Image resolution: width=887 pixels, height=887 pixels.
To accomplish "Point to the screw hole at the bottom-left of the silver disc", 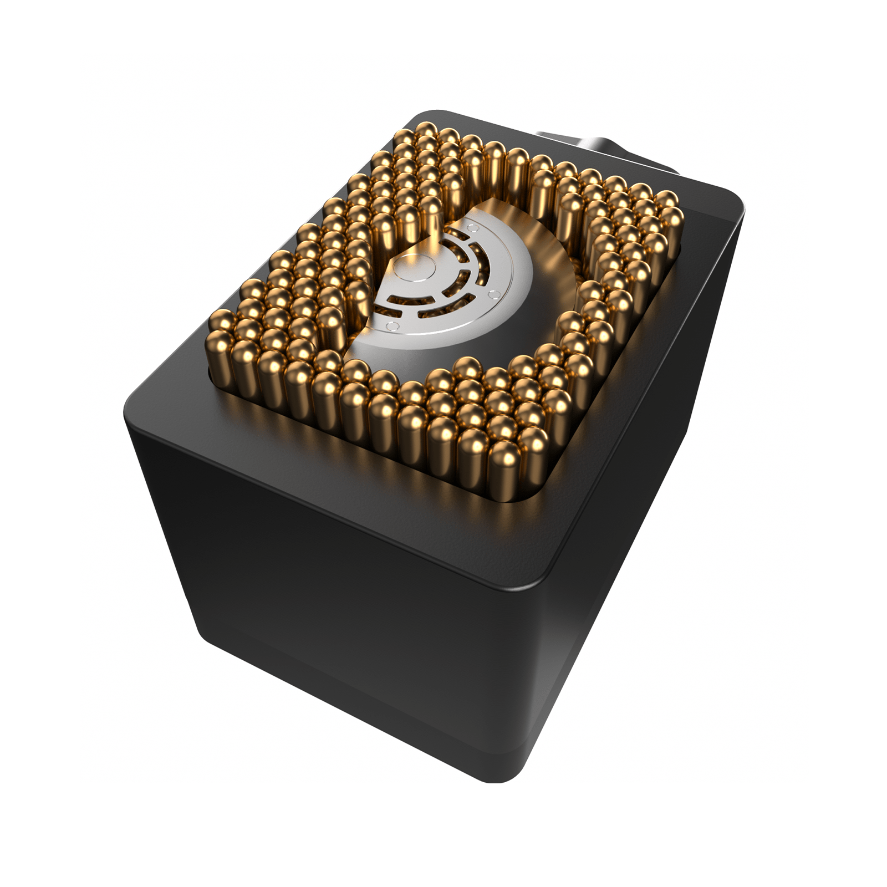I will click(392, 325).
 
